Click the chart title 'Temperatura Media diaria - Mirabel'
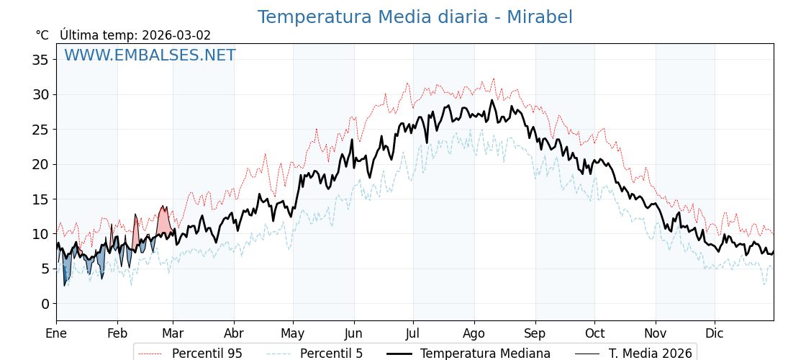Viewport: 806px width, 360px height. click(415, 17)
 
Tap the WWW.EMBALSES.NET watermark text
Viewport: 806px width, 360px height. click(150, 55)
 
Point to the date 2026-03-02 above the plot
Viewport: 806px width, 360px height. click(176, 35)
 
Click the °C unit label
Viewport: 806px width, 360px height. click(42, 35)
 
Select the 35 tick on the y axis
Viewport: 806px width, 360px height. click(40, 60)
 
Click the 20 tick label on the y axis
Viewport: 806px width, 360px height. click(40, 164)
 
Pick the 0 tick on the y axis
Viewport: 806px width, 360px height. click(45, 304)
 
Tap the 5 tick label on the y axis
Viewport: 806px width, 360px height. click(45, 269)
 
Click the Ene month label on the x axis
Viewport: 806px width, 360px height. click(56, 333)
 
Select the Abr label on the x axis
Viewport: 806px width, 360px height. click(234, 333)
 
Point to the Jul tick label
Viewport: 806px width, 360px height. click(413, 333)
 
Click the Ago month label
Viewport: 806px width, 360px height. click(474, 333)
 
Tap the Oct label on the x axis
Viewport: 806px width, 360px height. click(594, 333)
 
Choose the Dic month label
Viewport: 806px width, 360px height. click(715, 333)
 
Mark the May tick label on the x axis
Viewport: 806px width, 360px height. click(293, 333)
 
